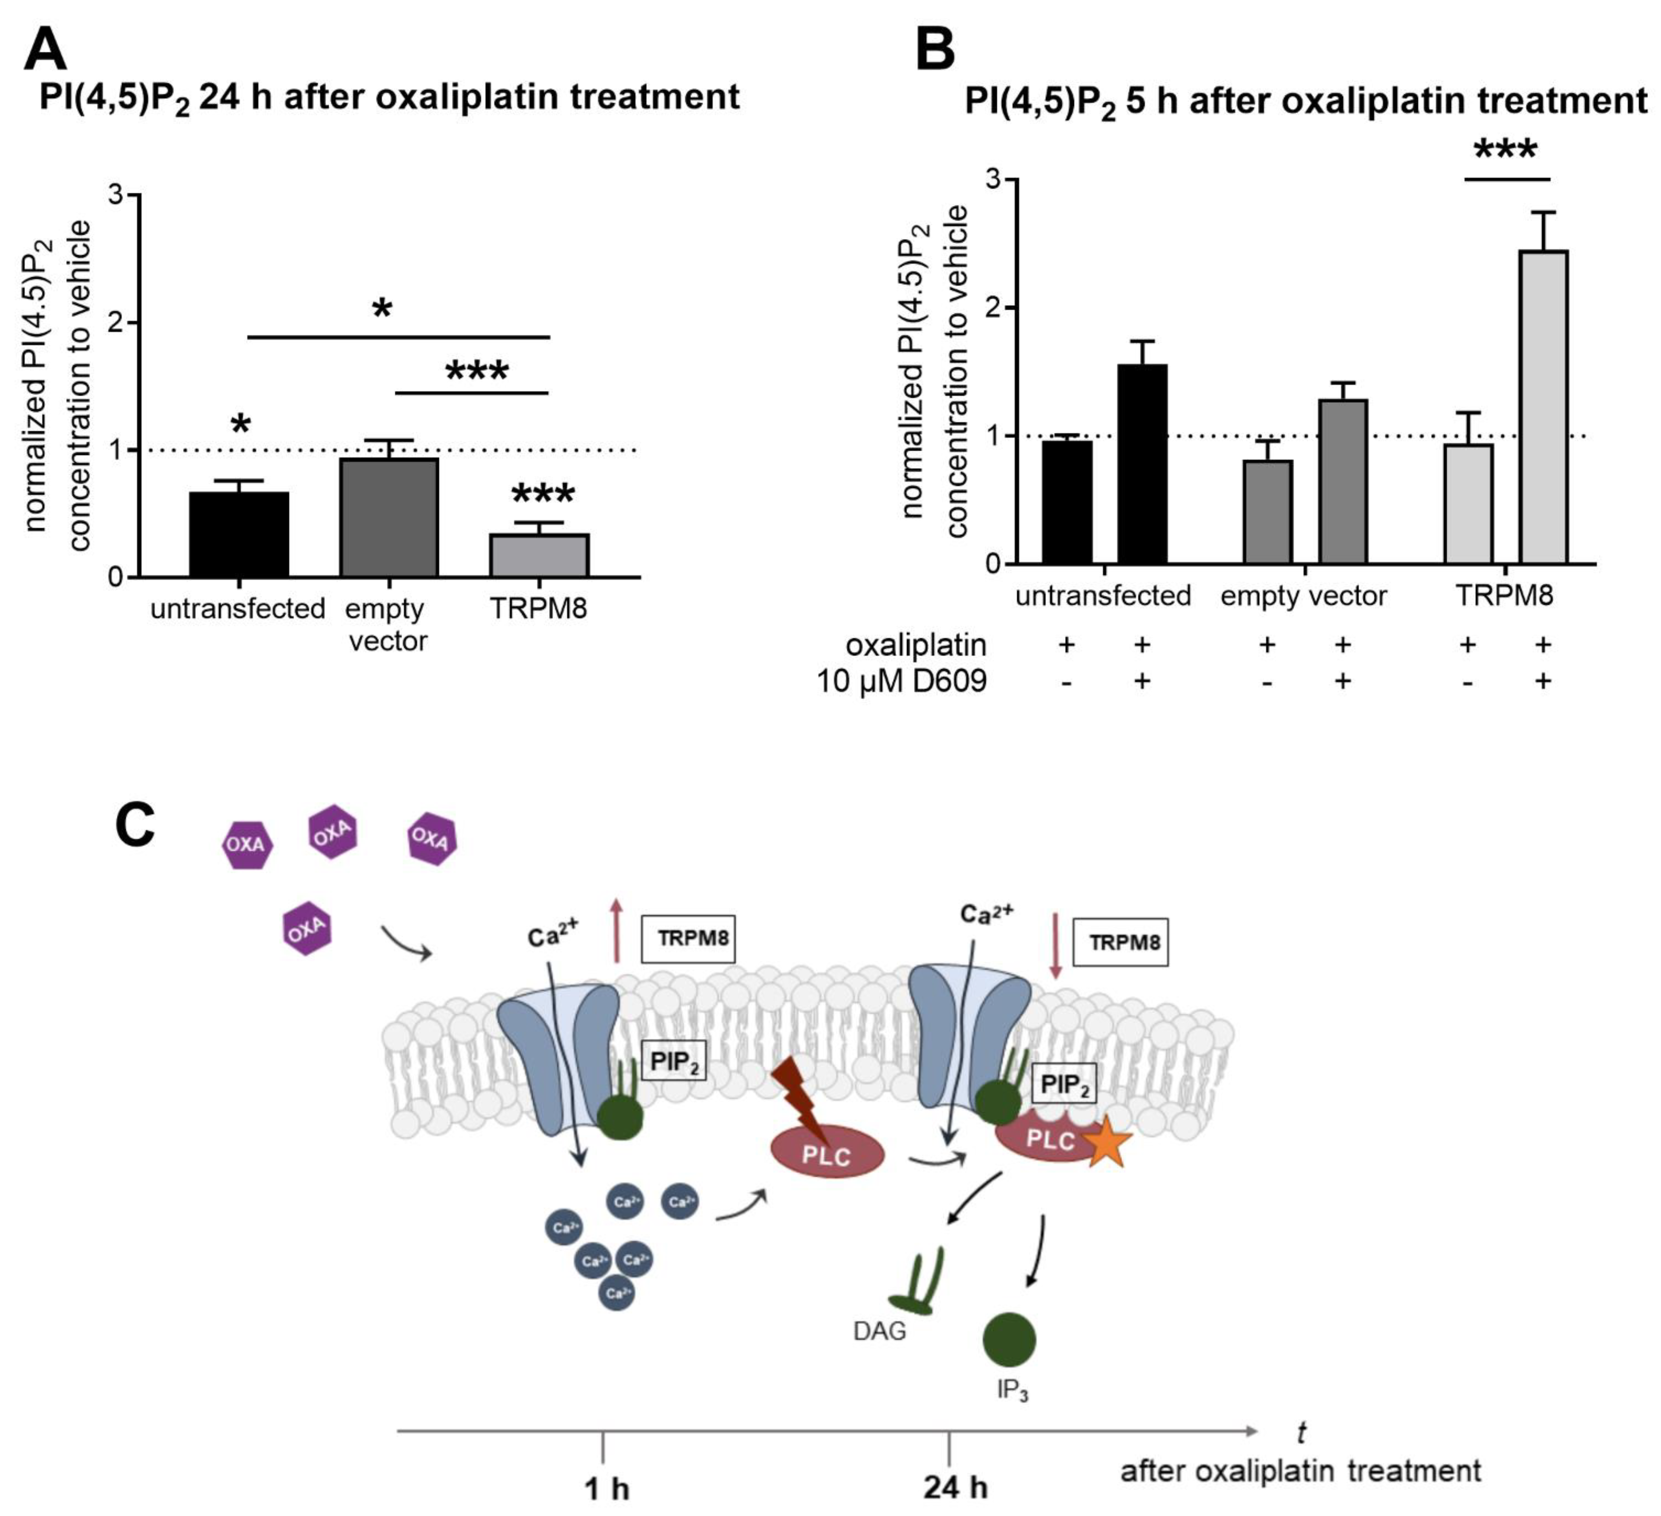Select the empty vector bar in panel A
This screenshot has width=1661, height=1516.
[x=389, y=517]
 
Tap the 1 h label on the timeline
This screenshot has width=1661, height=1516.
[x=606, y=1489]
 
